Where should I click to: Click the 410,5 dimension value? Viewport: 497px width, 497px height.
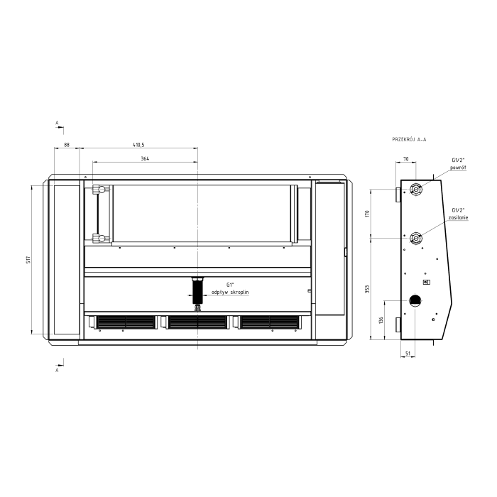click(x=138, y=145)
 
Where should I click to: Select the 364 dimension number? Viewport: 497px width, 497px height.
click(x=145, y=158)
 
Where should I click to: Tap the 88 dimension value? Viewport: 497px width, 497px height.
click(x=67, y=145)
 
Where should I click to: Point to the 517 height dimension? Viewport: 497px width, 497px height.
click(x=28, y=261)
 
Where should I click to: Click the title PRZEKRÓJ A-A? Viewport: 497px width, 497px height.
click(x=409, y=139)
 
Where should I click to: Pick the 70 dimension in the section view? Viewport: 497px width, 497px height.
click(x=406, y=159)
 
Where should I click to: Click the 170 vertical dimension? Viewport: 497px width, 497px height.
click(x=367, y=213)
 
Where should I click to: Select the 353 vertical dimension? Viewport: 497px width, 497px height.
click(x=367, y=289)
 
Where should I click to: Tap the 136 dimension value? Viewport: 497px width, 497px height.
click(x=381, y=319)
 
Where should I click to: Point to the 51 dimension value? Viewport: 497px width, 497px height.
click(x=408, y=353)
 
